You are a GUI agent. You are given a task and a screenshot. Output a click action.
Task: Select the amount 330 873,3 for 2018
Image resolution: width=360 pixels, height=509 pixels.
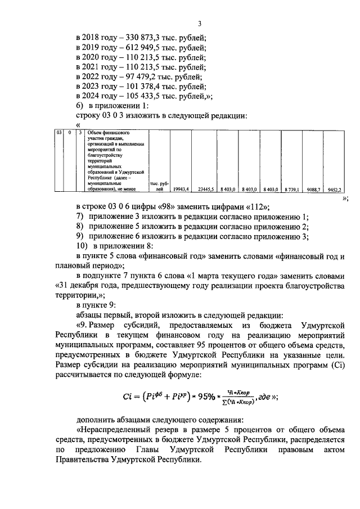136,37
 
